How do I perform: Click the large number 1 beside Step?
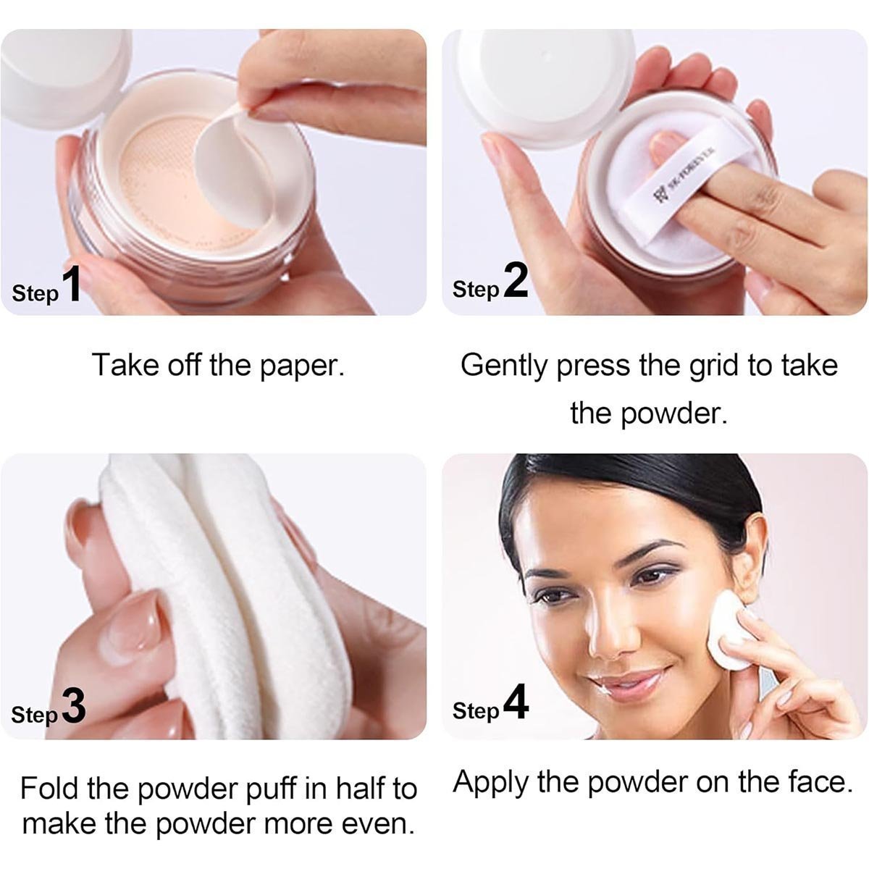tap(71, 283)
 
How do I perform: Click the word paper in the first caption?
tap(302, 366)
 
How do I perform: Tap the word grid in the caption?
tap(714, 366)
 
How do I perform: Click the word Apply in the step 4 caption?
tap(491, 784)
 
